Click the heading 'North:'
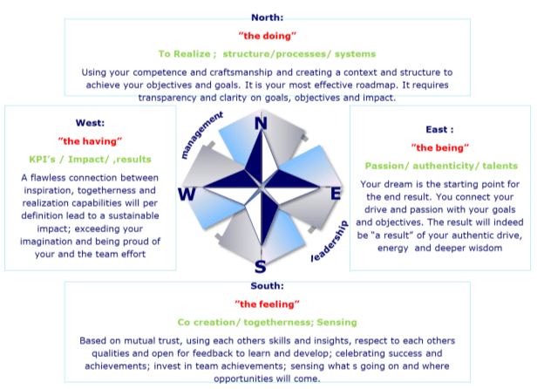click(x=267, y=17)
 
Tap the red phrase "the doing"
click(x=267, y=36)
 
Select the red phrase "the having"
click(x=90, y=141)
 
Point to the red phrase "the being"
click(x=440, y=147)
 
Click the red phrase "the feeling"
click(x=267, y=304)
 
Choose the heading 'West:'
click(x=90, y=123)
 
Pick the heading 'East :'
click(x=439, y=130)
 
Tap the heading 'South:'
click(x=267, y=286)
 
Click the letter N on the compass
click(x=261, y=123)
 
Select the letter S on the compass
click(x=261, y=267)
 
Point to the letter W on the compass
click(x=187, y=194)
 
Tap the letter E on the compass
click(x=336, y=194)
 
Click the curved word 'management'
click(x=202, y=134)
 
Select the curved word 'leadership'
click(x=330, y=242)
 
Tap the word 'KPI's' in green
click(x=42, y=160)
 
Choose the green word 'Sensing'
click(x=336, y=323)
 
